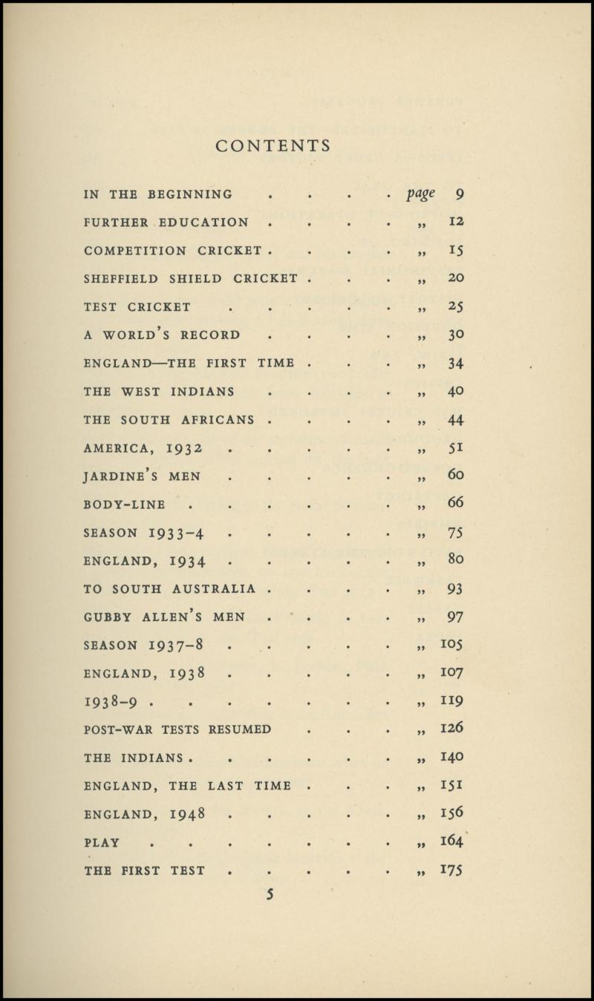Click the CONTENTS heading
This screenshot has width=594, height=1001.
[x=273, y=146]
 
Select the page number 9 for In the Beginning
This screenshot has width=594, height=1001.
[x=460, y=195]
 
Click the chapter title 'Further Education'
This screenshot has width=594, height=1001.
[x=166, y=223]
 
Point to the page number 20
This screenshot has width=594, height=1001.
[x=456, y=278]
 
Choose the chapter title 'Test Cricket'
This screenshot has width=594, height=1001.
[x=137, y=306]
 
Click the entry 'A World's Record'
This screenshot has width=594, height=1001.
[x=162, y=335]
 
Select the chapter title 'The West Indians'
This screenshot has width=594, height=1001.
[x=159, y=392]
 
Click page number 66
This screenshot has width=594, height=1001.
[x=456, y=505]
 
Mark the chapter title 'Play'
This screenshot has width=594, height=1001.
[x=102, y=842]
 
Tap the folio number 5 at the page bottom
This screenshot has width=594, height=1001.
[x=271, y=894]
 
